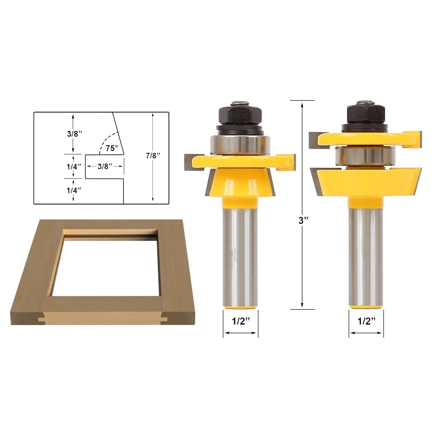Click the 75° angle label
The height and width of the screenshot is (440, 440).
point(112,148)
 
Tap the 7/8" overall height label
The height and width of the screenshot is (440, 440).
point(153,156)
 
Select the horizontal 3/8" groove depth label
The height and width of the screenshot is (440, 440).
point(105,167)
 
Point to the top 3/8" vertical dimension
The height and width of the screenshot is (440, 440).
point(74,134)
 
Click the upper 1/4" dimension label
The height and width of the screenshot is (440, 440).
point(74,167)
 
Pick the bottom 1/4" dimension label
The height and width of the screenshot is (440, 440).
point(74,190)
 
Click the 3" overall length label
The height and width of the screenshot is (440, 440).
point(304,221)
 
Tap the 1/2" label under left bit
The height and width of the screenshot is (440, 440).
point(241,321)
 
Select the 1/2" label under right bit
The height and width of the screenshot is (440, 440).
point(366,321)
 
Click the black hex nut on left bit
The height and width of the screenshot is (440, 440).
point(240,114)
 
